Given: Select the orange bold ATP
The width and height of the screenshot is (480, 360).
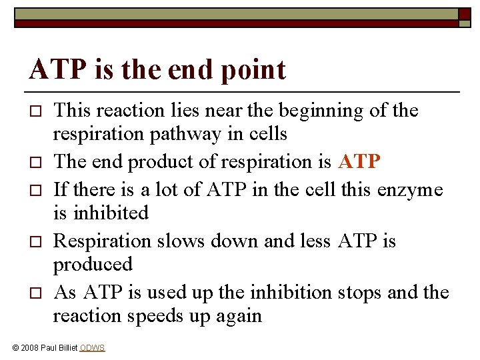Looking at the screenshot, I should click(360, 162).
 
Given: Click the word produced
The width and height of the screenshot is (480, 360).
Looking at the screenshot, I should click(93, 264).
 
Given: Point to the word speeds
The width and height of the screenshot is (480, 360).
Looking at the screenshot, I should click(169, 315).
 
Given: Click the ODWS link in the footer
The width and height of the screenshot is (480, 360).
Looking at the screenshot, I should click(92, 348).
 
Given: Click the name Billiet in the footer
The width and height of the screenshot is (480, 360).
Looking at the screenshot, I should click(65, 348).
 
